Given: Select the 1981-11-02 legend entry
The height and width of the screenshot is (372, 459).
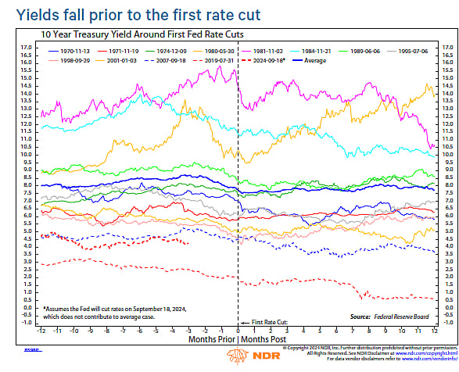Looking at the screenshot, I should [x=269, y=48].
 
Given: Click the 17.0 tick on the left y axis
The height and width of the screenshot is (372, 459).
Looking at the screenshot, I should [x=26, y=48].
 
